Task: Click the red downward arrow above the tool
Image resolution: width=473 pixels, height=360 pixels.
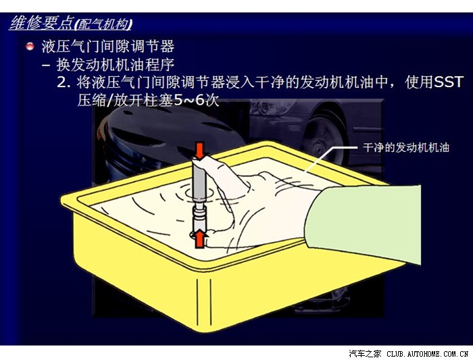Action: (199, 151)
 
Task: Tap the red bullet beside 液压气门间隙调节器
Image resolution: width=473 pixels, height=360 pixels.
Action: (30, 47)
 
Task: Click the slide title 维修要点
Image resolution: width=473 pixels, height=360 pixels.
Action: (41, 23)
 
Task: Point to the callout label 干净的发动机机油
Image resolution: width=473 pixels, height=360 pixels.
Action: (406, 147)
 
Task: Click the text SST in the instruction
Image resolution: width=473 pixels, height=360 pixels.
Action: (448, 82)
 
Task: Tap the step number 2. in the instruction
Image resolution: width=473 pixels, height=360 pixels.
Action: (64, 82)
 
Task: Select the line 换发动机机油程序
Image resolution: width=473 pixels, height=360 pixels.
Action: (116, 65)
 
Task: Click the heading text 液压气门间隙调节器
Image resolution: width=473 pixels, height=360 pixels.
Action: (107, 47)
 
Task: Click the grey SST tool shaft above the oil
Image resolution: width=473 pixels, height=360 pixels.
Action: (199, 180)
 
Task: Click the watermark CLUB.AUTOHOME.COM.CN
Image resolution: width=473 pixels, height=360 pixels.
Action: (427, 354)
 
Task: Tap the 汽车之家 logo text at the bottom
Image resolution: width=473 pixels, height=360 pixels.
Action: (365, 353)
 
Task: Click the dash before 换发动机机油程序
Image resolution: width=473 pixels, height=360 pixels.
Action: (46, 65)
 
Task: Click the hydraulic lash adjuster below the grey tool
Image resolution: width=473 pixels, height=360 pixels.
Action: (199, 216)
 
